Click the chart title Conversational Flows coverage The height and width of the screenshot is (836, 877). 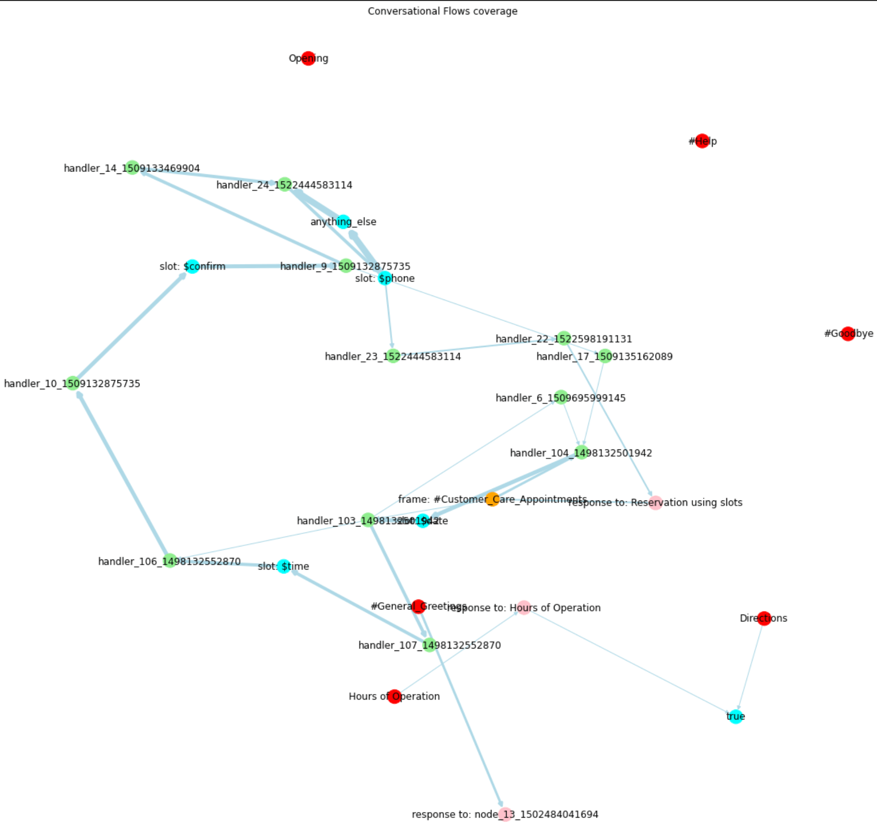coord(442,11)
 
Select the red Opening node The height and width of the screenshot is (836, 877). coord(308,58)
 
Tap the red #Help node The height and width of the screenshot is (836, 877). coord(702,141)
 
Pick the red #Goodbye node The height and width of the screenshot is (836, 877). coord(847,333)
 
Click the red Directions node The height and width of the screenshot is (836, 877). coord(763,618)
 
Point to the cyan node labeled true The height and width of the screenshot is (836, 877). coord(735,716)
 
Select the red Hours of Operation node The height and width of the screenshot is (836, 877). coord(394,696)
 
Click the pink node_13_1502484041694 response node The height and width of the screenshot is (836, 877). coord(505,814)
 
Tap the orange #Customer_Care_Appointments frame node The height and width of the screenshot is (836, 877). coord(492,499)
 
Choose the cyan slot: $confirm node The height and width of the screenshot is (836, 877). coord(192,266)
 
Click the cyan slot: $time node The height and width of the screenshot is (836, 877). coord(283,566)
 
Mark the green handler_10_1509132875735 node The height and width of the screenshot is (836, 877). coord(73,383)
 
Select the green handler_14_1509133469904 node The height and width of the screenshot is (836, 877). coord(132,168)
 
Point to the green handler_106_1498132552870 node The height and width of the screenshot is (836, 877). coord(169,561)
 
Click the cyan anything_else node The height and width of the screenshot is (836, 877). coord(343,221)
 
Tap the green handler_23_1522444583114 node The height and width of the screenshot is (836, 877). coord(393,356)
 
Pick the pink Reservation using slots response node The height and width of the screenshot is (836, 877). coord(655,502)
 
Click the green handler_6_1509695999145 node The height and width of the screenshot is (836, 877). coord(561,397)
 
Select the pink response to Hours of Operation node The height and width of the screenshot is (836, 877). coord(523,607)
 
